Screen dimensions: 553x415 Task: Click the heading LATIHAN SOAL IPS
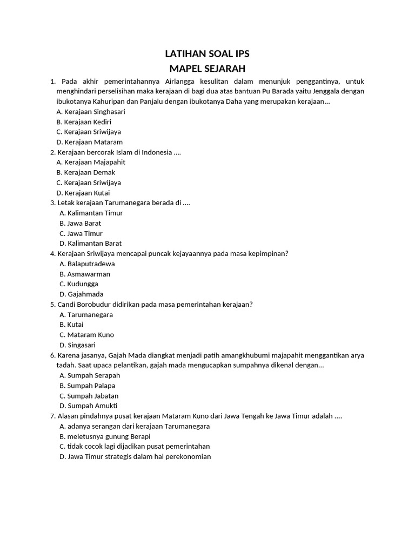[207, 54]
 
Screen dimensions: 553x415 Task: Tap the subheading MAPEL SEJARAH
[207, 69]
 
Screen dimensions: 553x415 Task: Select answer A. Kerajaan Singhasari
[91, 112]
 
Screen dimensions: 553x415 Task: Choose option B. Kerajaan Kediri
[84, 122]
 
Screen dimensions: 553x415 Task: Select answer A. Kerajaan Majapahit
[91, 162]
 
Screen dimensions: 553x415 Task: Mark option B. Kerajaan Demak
[86, 172]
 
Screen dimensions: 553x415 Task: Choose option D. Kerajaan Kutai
[83, 193]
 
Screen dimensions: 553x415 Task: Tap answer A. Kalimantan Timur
[91, 213]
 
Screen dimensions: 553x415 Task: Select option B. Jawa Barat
[81, 223]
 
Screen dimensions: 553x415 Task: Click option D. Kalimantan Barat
[90, 244]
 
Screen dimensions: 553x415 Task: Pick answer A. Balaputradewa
[87, 264]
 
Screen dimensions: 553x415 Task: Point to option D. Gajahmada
[82, 294]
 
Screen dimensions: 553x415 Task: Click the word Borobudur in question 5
[98, 305]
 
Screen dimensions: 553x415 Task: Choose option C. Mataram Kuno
[86, 335]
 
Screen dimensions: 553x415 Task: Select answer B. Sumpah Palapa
[87, 386]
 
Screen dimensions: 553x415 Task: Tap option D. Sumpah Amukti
[88, 406]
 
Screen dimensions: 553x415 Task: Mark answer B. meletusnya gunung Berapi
[105, 436]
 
